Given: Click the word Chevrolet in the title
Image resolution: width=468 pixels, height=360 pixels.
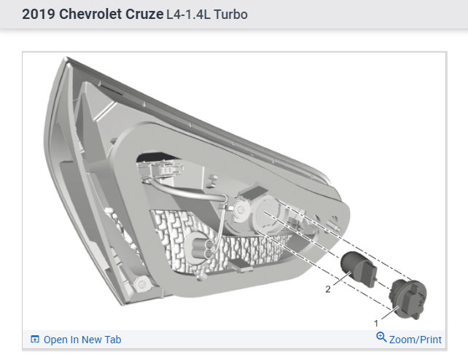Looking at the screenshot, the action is (90, 14).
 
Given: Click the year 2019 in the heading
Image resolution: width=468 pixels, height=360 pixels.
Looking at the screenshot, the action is (38, 14).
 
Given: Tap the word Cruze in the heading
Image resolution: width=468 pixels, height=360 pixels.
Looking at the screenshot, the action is (144, 14).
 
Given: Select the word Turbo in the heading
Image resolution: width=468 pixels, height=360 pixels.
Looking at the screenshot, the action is (230, 15).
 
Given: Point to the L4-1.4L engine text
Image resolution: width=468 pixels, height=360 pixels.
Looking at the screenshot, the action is (188, 15).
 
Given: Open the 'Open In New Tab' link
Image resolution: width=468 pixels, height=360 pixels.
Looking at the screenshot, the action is (82, 340).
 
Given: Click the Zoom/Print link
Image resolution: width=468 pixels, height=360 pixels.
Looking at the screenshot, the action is (416, 340).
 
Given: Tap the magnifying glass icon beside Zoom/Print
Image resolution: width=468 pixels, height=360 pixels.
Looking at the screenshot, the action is (381, 337).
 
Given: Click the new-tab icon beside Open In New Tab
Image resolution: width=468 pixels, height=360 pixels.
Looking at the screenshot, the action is (35, 339).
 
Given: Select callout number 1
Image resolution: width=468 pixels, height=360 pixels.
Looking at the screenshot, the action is (376, 323).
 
